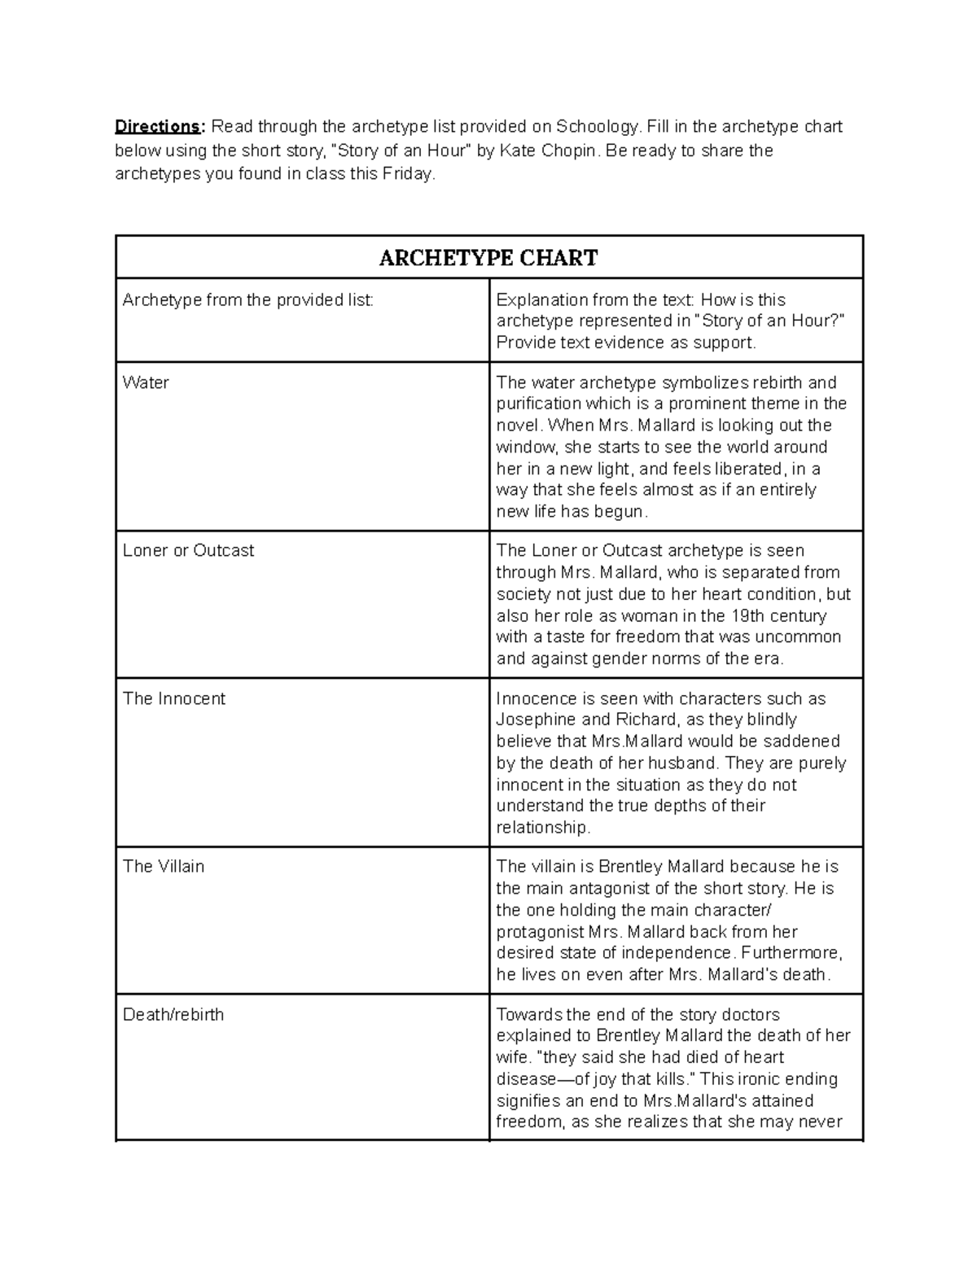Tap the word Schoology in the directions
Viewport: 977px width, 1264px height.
(x=598, y=126)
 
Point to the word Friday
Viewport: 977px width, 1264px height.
(x=408, y=173)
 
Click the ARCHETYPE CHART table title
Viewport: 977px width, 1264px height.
(x=488, y=258)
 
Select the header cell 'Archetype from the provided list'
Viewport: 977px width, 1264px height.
(x=248, y=300)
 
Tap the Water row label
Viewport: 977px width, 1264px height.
(x=146, y=383)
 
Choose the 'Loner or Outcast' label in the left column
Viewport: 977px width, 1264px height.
(x=188, y=551)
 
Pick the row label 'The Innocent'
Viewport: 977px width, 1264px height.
(x=173, y=699)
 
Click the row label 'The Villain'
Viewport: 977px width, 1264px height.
(x=163, y=867)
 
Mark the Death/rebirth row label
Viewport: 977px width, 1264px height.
(x=173, y=1015)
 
